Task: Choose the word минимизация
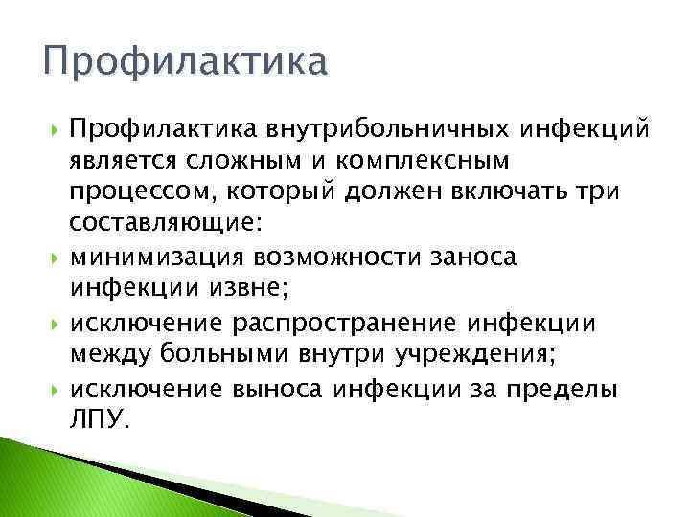158,258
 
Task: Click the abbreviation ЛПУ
98,421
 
